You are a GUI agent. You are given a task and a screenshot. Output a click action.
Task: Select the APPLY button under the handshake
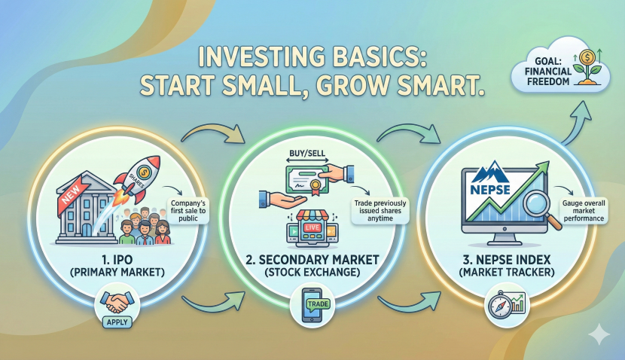(x=117, y=322)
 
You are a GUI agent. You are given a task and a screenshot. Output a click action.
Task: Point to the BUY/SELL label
(x=307, y=153)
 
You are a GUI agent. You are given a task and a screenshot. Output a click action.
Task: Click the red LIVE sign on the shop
(x=312, y=227)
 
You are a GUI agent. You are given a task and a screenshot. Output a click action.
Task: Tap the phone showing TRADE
(x=312, y=305)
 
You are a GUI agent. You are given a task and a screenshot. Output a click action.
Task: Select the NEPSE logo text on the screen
(x=490, y=189)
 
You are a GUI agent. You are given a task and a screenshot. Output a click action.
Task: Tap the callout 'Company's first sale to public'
(x=188, y=210)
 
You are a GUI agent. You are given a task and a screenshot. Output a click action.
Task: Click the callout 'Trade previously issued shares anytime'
(x=380, y=210)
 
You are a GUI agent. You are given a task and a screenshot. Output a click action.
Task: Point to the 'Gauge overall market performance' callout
(x=584, y=210)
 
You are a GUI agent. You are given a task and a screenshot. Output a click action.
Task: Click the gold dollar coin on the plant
(x=587, y=57)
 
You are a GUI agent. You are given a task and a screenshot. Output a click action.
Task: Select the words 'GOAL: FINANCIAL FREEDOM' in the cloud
(x=547, y=72)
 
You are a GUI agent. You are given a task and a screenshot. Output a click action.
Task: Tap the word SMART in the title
(x=432, y=85)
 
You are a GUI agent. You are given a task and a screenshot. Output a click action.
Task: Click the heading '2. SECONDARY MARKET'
(x=312, y=260)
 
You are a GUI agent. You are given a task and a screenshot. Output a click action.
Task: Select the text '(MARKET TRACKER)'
(x=506, y=273)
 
